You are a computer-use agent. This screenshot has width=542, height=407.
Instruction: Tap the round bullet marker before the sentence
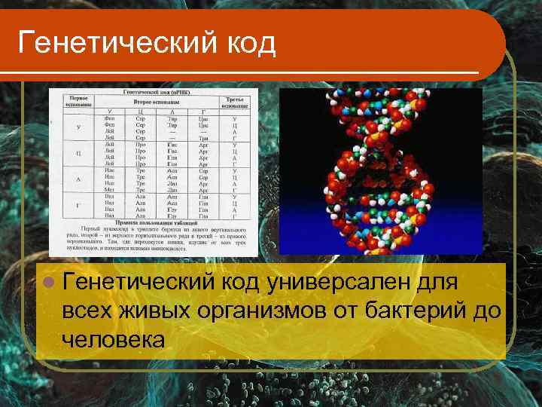pos(50,283)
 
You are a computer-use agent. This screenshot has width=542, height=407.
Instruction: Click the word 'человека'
pos(114,338)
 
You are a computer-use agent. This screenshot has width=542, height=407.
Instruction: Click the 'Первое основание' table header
pos(78,101)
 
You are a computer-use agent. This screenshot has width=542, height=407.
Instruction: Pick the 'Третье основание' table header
pos(233,101)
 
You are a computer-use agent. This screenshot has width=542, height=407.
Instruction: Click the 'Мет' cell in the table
pos(110,190)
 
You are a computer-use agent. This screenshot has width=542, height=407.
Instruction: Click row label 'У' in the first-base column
pos(78,126)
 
